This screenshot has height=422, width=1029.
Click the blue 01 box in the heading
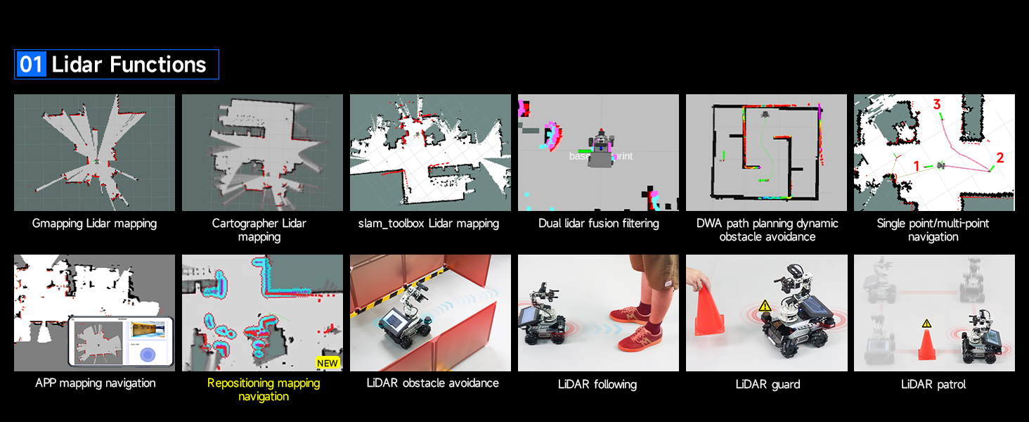point(31,65)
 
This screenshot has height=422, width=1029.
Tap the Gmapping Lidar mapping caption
point(94,224)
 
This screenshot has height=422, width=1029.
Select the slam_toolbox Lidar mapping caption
point(429,224)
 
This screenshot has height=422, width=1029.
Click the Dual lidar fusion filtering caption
point(598,224)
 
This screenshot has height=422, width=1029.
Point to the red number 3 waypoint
point(936,105)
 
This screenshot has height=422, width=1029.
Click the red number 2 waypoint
point(999,158)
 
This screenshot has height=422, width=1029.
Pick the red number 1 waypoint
point(916,166)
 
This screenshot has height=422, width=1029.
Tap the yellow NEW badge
point(328,363)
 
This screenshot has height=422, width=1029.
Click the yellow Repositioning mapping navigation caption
point(263,390)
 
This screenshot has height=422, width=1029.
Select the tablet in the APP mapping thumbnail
point(120,342)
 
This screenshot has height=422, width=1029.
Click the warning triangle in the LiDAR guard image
point(764,307)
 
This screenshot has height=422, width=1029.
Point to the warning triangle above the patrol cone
point(926,323)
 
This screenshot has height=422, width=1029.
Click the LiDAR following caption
point(597,384)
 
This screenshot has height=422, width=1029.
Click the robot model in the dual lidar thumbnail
point(601,148)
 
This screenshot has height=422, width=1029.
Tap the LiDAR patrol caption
point(933,384)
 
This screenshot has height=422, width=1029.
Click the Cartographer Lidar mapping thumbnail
point(262,153)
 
